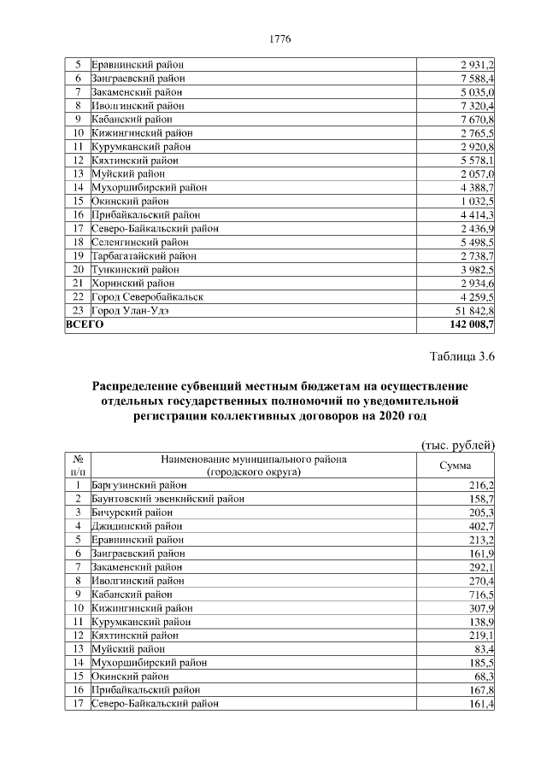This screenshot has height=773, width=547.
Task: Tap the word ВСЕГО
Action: pyautogui.click(x=85, y=325)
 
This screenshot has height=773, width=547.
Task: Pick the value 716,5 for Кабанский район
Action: pyautogui.click(x=480, y=593)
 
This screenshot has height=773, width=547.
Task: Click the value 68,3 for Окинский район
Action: pyautogui.click(x=483, y=676)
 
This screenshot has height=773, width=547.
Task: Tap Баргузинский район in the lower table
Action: pyautogui.click(x=136, y=484)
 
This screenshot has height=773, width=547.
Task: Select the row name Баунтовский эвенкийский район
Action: pyautogui.click(x=162, y=498)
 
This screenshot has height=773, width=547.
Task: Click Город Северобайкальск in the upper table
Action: pyautogui.click(x=147, y=296)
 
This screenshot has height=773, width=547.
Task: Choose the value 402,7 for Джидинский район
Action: pyautogui.click(x=480, y=525)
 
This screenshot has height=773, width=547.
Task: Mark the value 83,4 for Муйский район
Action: pyautogui.click(x=483, y=648)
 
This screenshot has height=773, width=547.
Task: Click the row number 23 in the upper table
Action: pyautogui.click(x=77, y=310)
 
